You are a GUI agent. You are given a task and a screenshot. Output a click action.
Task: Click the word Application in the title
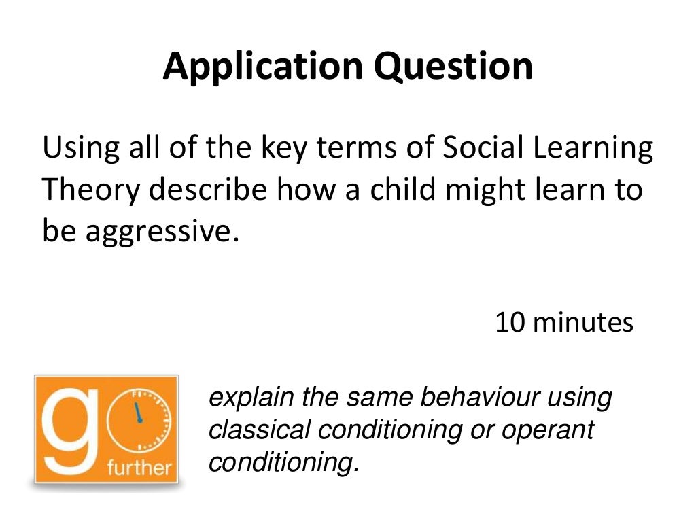263,67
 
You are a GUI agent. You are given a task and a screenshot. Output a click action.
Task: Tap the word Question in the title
453,67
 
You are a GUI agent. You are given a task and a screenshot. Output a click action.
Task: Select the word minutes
582,321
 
